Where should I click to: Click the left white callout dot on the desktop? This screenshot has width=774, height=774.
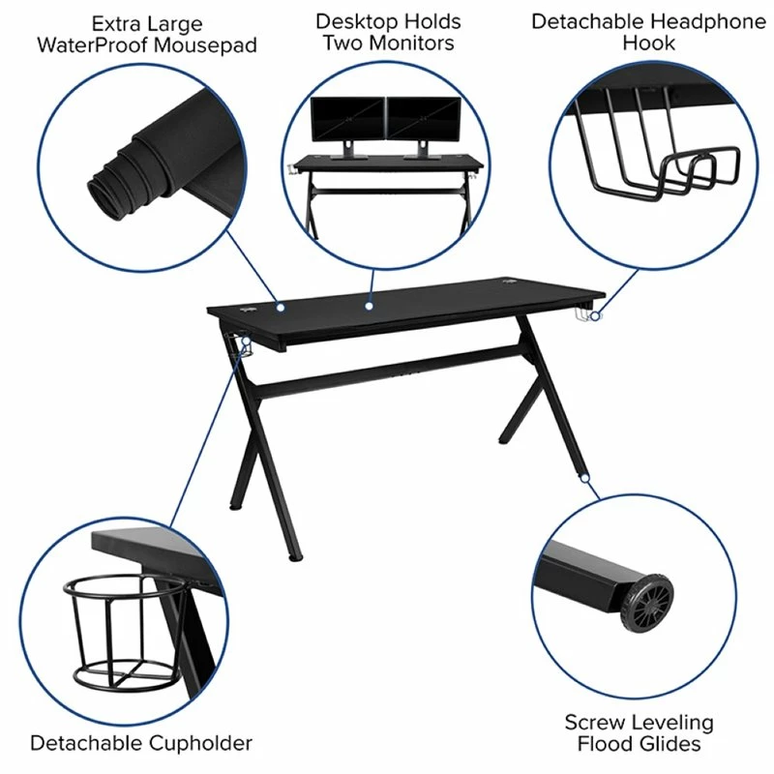(280, 308)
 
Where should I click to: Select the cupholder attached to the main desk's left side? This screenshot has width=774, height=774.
(239, 346)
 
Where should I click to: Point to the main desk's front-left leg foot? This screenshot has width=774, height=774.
(297, 556)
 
